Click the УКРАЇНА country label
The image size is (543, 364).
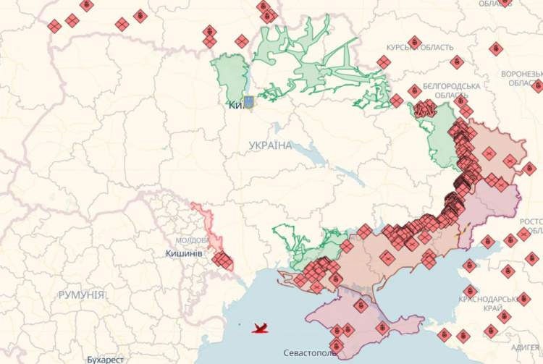click(x=270, y=145)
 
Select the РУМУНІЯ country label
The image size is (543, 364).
click(x=82, y=295)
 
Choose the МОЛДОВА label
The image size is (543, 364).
click(x=192, y=240)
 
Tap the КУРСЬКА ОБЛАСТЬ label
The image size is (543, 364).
click(x=420, y=48)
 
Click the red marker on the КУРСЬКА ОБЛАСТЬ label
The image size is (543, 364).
click(x=414, y=43)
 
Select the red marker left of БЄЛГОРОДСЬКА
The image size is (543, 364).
click(x=413, y=91)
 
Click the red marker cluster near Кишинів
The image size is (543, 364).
click(x=221, y=258)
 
